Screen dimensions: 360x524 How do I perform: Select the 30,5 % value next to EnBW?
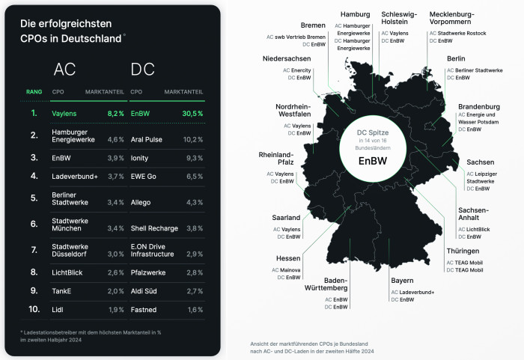(192, 113)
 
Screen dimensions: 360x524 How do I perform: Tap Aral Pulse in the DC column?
(146, 138)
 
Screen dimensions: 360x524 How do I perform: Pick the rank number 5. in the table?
(34, 198)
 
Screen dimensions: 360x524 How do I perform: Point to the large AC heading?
(64, 70)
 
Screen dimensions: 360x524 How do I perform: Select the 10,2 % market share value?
(192, 138)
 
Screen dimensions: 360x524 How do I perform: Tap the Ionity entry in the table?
(140, 159)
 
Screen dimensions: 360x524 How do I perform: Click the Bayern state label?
(401, 281)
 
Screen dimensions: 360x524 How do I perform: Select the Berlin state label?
(456, 58)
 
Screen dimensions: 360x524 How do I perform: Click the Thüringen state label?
(464, 251)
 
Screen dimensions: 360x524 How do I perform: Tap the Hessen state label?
(288, 258)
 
